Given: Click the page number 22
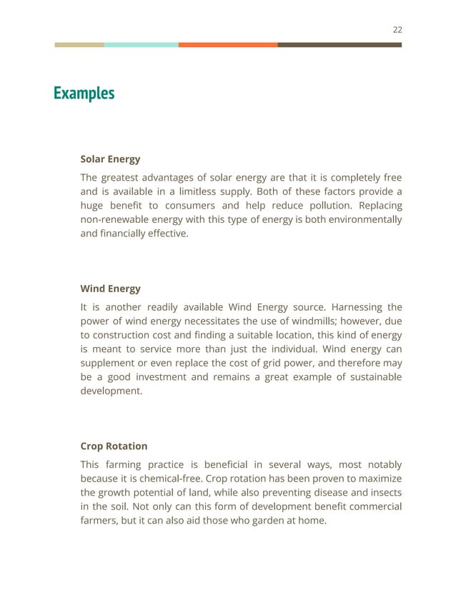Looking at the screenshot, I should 397,29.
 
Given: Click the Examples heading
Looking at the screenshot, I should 84,94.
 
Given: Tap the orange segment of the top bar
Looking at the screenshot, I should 228,44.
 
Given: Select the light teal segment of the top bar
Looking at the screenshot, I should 141,44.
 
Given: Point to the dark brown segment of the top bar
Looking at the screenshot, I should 339,44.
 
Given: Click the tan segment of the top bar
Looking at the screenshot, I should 79,44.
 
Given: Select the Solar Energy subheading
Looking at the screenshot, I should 110,159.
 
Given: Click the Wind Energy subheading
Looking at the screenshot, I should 110,289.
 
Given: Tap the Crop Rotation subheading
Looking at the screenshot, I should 114,446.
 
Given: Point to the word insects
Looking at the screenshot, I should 384,492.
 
